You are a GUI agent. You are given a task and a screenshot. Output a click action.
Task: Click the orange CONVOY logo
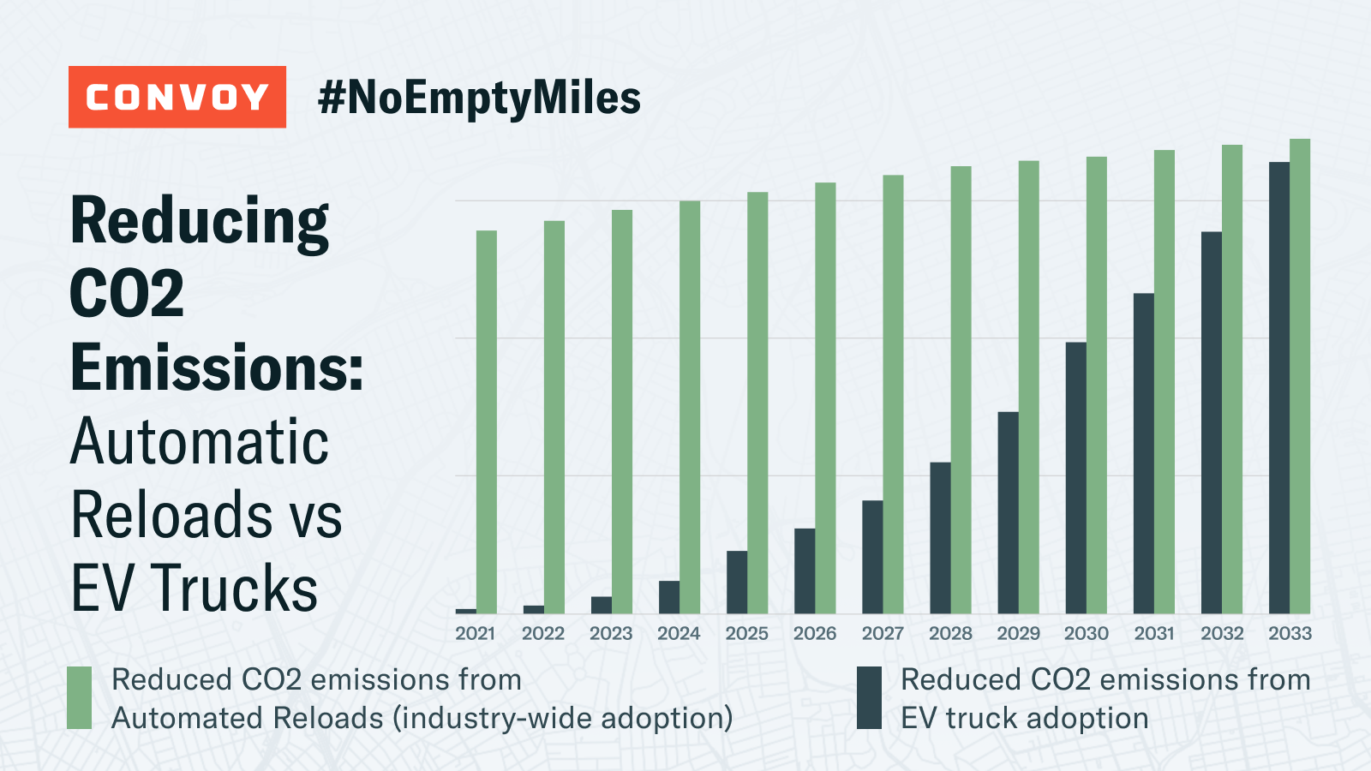click(x=177, y=97)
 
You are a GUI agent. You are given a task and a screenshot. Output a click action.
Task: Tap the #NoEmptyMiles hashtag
click(x=479, y=98)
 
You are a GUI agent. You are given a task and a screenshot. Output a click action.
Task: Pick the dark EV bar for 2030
click(x=1075, y=478)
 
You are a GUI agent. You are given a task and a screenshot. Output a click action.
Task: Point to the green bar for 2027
click(x=893, y=394)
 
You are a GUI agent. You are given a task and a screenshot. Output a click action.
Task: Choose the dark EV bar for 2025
click(x=736, y=582)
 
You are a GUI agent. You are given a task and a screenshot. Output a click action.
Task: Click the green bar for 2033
click(x=1300, y=376)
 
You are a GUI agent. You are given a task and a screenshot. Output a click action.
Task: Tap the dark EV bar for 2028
click(x=940, y=538)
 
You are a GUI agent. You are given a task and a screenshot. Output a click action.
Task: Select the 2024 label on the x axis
click(x=679, y=633)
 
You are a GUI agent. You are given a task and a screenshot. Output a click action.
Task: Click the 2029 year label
click(x=1018, y=633)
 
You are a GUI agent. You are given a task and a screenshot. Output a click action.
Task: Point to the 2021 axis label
click(x=475, y=633)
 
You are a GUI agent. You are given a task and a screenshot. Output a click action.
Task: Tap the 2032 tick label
click(x=1222, y=633)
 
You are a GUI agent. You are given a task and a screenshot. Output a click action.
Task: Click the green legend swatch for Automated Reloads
click(x=80, y=698)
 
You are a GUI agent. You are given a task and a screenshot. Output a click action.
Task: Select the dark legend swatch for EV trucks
click(x=869, y=698)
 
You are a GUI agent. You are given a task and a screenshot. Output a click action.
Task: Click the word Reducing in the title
click(x=199, y=221)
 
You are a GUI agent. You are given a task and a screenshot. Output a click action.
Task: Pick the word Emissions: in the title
click(x=218, y=368)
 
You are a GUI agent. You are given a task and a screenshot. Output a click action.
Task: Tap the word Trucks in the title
click(x=236, y=589)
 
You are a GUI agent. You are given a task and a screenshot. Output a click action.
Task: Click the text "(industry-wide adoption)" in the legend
click(x=562, y=718)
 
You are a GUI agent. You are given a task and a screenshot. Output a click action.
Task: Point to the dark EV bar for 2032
click(x=1211, y=422)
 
